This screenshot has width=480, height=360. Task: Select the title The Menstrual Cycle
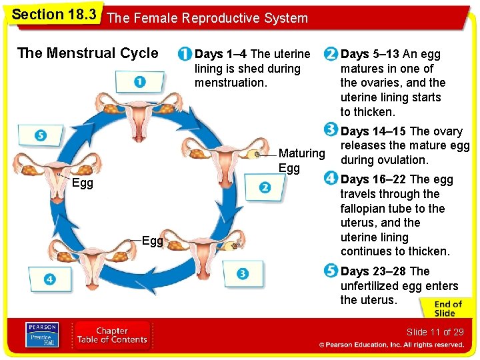coord(88,53)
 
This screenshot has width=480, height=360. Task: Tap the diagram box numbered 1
coord(139,81)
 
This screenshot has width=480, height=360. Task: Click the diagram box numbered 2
coord(265,188)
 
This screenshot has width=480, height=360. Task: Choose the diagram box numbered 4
coord(50,279)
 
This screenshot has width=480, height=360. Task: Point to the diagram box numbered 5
coord(40,135)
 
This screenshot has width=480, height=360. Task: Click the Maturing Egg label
coord(301,161)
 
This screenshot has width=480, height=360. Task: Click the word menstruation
coord(231,83)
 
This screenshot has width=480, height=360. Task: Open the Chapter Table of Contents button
coord(111,335)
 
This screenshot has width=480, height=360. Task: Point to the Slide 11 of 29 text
coord(435,332)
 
